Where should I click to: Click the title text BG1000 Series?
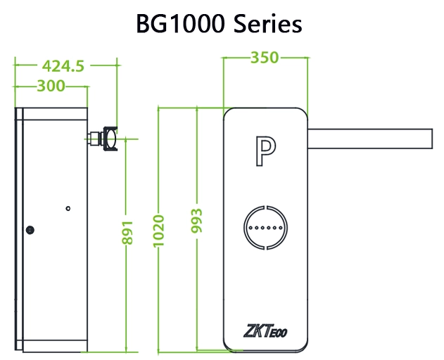(220, 24)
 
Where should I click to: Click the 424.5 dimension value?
(63, 66)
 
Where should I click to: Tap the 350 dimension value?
(265, 58)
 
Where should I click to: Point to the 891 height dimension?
(128, 229)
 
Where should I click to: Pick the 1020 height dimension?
(159, 229)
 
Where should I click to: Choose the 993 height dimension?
(197, 224)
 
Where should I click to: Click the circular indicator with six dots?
(265, 229)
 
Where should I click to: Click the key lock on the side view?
(30, 229)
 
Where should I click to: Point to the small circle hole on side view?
(68, 208)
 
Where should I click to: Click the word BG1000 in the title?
(179, 24)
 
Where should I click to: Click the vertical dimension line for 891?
(127, 295)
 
